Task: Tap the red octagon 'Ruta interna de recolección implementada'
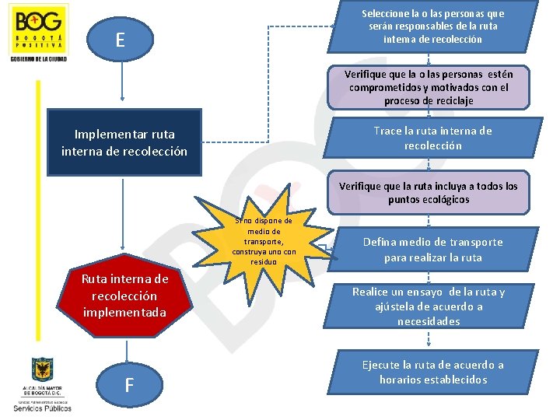pos(124,295)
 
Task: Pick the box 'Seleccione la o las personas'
pos(433,26)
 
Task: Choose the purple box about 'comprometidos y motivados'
pos(429,87)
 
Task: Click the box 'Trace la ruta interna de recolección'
pos(433,138)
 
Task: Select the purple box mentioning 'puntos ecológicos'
pos(428,193)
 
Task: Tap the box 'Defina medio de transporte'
pos(433,250)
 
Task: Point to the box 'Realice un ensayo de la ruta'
pos(429,306)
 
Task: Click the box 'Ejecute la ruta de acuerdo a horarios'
pos(433,372)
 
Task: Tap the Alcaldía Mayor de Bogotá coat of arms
pos(41,369)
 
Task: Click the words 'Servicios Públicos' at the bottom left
pos(42,407)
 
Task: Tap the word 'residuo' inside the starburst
pos(264,262)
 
